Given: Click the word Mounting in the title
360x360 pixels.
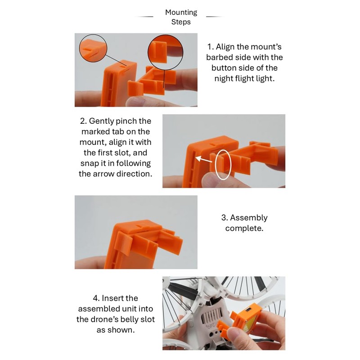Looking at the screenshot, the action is [x=181, y=13].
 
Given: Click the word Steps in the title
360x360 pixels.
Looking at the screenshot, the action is [x=181, y=22].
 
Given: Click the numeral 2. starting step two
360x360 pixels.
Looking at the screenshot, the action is [x=83, y=121].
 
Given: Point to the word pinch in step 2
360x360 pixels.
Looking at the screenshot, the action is [x=125, y=121].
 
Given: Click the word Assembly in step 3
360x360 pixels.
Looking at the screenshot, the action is [x=249, y=218].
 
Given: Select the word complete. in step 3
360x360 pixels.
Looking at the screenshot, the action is [x=244, y=229].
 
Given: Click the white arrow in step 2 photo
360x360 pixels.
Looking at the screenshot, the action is [x=204, y=159].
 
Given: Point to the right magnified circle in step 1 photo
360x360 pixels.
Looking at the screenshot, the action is [x=148, y=53].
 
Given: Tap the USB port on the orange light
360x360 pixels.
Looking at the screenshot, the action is [x=248, y=310].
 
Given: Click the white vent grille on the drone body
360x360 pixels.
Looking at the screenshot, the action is [x=211, y=314].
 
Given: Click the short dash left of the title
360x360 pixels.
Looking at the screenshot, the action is [x=144, y=17].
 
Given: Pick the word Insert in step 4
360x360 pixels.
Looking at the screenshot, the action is [x=120, y=298].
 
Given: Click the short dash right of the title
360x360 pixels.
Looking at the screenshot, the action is [x=215, y=17].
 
